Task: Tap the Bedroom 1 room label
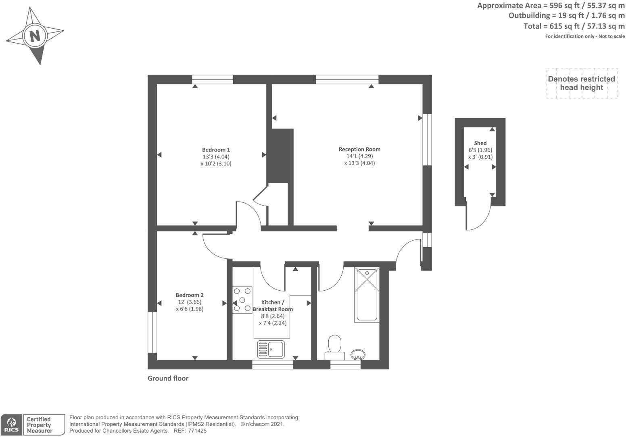coord(216,150)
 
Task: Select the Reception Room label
coord(359,149)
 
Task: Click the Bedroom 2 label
coord(190,295)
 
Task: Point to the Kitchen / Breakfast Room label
coord(272,306)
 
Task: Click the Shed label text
coord(480,143)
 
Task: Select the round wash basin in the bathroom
coord(358,354)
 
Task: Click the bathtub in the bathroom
coord(367,294)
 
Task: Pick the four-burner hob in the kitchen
coord(242,300)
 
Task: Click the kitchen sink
coord(271,349)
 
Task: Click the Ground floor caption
coord(168,378)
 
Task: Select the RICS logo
coord(11,425)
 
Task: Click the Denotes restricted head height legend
coord(581,83)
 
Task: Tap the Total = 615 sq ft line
coord(574,26)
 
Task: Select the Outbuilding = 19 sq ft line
coord(566,16)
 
